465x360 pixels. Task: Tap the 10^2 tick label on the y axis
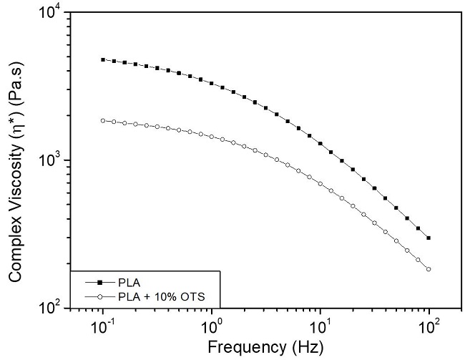51,308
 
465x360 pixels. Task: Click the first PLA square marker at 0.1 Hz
103,60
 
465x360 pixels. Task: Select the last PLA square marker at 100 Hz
429,238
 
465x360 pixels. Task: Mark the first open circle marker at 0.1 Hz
103,121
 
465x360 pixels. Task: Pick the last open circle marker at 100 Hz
429,269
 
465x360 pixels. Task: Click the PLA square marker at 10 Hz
320,143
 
